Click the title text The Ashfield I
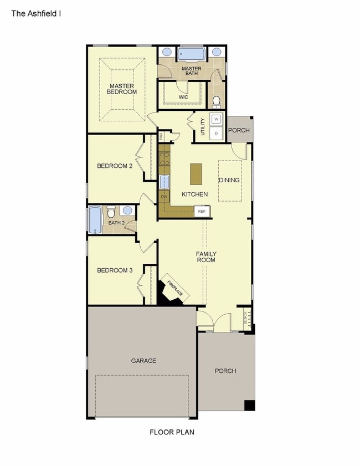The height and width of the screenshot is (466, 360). pyautogui.click(x=36, y=12)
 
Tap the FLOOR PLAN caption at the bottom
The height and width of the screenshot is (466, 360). pyautogui.click(x=172, y=432)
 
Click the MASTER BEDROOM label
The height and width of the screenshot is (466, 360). pyautogui.click(x=122, y=89)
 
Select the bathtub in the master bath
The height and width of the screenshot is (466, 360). pyautogui.click(x=192, y=54)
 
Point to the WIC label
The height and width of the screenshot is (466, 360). pyautogui.click(x=183, y=97)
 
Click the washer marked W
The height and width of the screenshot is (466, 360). pyautogui.click(x=217, y=119)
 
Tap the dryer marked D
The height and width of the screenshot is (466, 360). pyautogui.click(x=217, y=133)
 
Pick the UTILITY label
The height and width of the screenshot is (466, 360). pyautogui.click(x=203, y=127)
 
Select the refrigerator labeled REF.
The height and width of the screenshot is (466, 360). pyautogui.click(x=202, y=211)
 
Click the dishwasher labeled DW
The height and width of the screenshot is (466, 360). pyautogui.click(x=164, y=197)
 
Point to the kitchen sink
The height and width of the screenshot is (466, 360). pyautogui.click(x=164, y=181)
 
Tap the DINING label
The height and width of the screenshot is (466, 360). pyautogui.click(x=229, y=180)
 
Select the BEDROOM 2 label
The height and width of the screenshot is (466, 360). pyautogui.click(x=115, y=166)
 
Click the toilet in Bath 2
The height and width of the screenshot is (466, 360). pyautogui.click(x=111, y=212)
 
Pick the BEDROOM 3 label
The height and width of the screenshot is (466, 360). pyautogui.click(x=115, y=270)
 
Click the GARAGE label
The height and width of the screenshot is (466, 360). pyautogui.click(x=143, y=361)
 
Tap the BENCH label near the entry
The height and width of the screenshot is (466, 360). pyautogui.click(x=245, y=318)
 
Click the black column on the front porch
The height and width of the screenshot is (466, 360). pyautogui.click(x=250, y=405)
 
